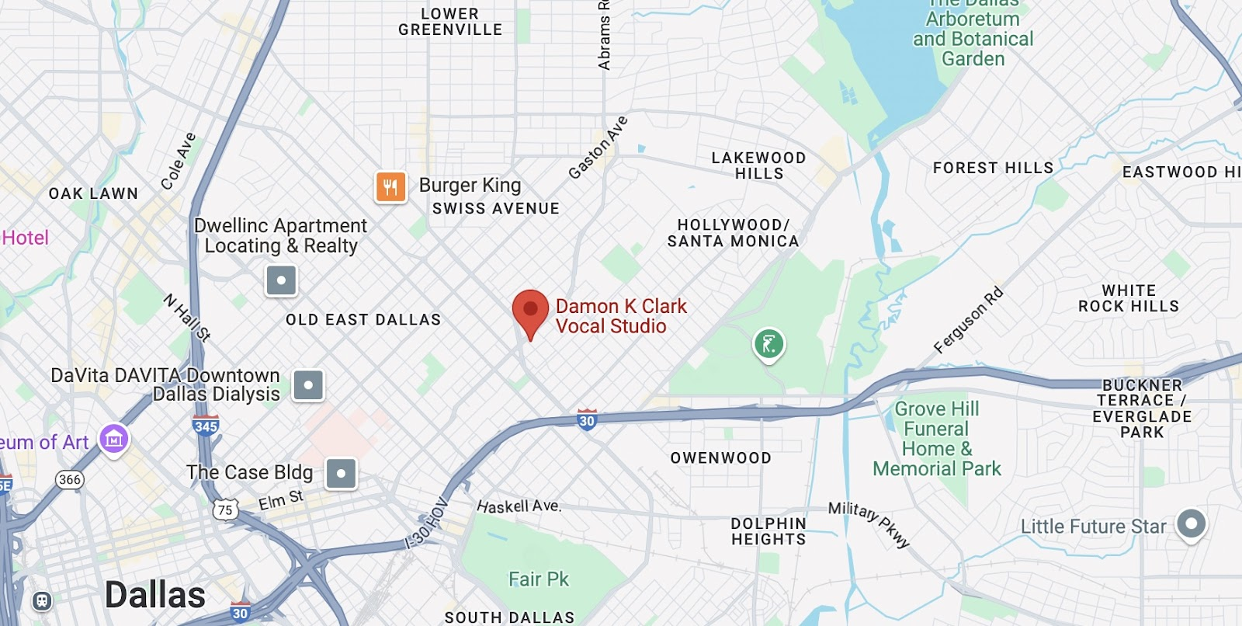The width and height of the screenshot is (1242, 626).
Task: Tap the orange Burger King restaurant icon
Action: pyautogui.click(x=390, y=186)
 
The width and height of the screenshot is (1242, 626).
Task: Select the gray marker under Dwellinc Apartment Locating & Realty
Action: pyautogui.click(x=281, y=280)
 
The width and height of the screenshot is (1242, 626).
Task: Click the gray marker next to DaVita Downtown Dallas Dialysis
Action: pyautogui.click(x=308, y=385)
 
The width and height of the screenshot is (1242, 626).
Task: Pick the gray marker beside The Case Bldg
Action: pyautogui.click(x=341, y=473)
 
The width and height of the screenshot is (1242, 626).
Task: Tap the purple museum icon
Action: pyautogui.click(x=113, y=440)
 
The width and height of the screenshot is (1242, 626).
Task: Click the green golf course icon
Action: pyautogui.click(x=768, y=343)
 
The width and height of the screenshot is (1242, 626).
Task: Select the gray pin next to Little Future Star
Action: pyautogui.click(x=1192, y=524)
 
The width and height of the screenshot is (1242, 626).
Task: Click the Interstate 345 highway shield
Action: pyautogui.click(x=206, y=426)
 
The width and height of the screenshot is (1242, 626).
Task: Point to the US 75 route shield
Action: pyautogui.click(x=225, y=509)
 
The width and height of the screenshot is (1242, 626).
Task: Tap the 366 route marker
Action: pyautogui.click(x=70, y=479)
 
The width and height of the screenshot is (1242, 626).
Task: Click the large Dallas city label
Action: pyautogui.click(x=155, y=596)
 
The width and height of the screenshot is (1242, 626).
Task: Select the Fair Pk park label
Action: pyautogui.click(x=539, y=579)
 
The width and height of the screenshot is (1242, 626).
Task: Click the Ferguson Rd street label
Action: pyautogui.click(x=968, y=320)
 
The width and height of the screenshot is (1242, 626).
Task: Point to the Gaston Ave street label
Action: pyautogui.click(x=598, y=148)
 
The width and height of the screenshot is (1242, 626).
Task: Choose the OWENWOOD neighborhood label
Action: pyautogui.click(x=721, y=458)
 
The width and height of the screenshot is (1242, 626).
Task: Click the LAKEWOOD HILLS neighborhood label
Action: pyautogui.click(x=759, y=165)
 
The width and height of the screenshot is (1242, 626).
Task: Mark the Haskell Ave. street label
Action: pyautogui.click(x=519, y=506)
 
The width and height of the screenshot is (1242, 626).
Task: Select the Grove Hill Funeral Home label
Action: pyautogui.click(x=937, y=439)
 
